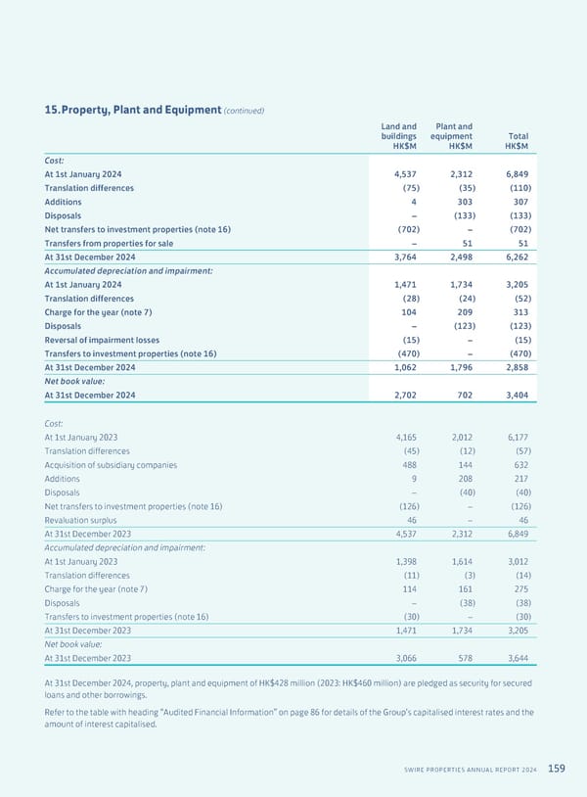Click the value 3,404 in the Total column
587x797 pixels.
tap(514, 396)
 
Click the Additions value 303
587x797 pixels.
tap(464, 202)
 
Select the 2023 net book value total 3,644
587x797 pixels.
tap(514, 658)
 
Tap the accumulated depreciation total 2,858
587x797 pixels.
tap(514, 368)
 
